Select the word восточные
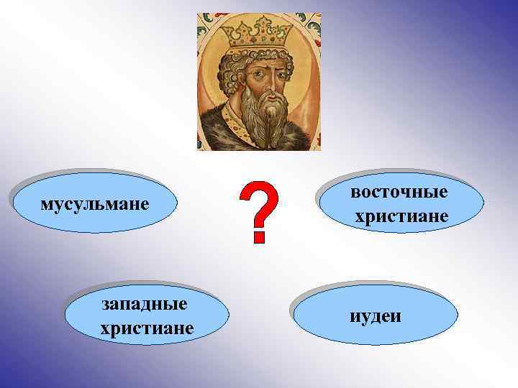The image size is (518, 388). click(400, 192)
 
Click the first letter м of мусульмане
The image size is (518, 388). click(47, 204)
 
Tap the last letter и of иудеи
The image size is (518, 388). click(397, 316)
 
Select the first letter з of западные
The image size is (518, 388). click(106, 305)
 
